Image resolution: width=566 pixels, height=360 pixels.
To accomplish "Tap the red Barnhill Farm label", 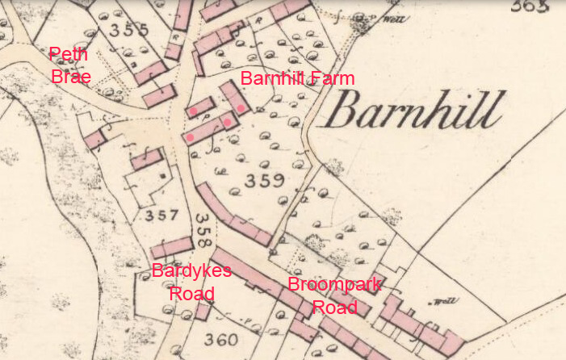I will (297, 78).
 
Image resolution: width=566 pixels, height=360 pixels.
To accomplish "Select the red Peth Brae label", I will (69, 65).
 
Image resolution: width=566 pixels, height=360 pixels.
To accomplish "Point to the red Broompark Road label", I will (334, 295).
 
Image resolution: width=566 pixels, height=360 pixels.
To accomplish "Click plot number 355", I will (129, 31).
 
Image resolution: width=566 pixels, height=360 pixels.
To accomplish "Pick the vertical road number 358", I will (203, 229).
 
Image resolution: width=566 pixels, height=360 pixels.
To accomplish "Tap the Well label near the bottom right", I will (442, 303).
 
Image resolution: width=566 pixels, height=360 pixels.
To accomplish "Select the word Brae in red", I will (70, 77).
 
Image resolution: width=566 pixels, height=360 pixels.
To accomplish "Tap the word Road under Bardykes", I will (191, 292).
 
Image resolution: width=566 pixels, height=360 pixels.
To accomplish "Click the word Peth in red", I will (68, 54).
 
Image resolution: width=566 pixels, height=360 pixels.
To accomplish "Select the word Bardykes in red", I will (191, 270).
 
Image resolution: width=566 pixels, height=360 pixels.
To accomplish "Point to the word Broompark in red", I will (334, 284).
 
